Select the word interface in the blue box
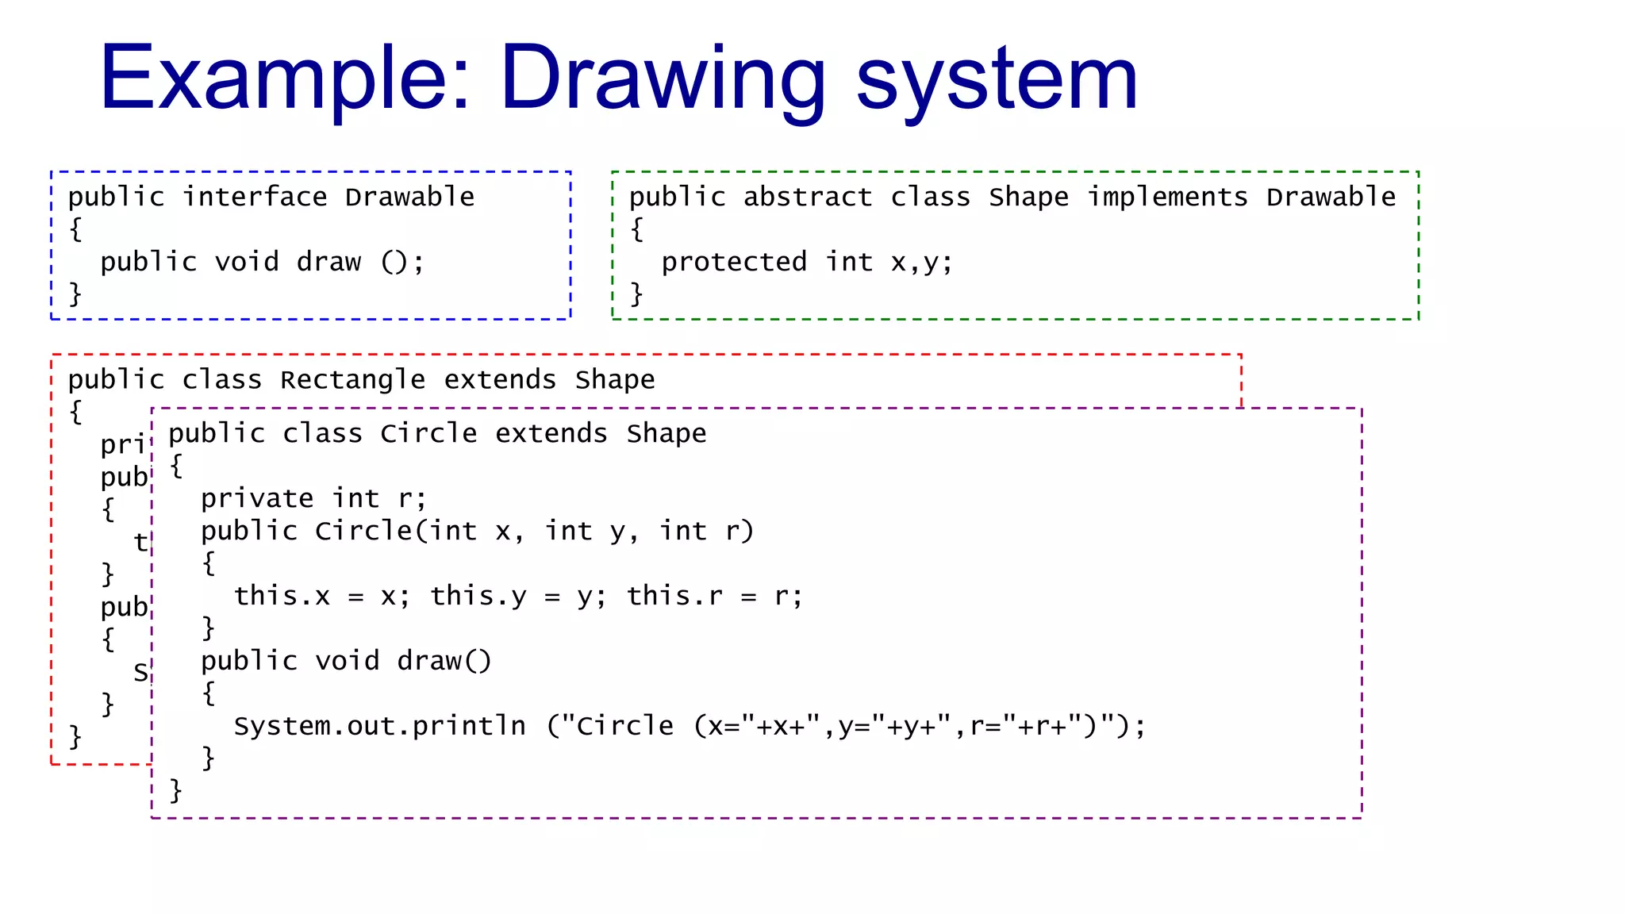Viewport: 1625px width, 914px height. [255, 197]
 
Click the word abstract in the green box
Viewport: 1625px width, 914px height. [807, 197]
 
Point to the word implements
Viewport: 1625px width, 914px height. [1167, 197]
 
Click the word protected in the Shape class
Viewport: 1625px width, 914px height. [734, 262]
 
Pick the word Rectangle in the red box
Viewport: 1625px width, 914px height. [352, 380]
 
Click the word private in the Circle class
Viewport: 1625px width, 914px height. [257, 499]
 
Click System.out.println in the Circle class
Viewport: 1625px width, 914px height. [379, 726]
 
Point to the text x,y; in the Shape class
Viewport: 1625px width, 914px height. [921, 262]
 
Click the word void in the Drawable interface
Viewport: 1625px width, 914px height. [247, 262]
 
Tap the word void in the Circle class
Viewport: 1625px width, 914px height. [347, 661]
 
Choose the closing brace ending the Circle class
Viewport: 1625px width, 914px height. [175, 790]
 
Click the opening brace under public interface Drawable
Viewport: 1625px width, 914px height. [75, 229]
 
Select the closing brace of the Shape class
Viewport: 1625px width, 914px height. [636, 294]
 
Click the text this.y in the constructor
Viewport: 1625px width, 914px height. [478, 596]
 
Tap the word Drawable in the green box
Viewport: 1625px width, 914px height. [1331, 197]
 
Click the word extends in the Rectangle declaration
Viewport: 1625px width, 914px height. [500, 380]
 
